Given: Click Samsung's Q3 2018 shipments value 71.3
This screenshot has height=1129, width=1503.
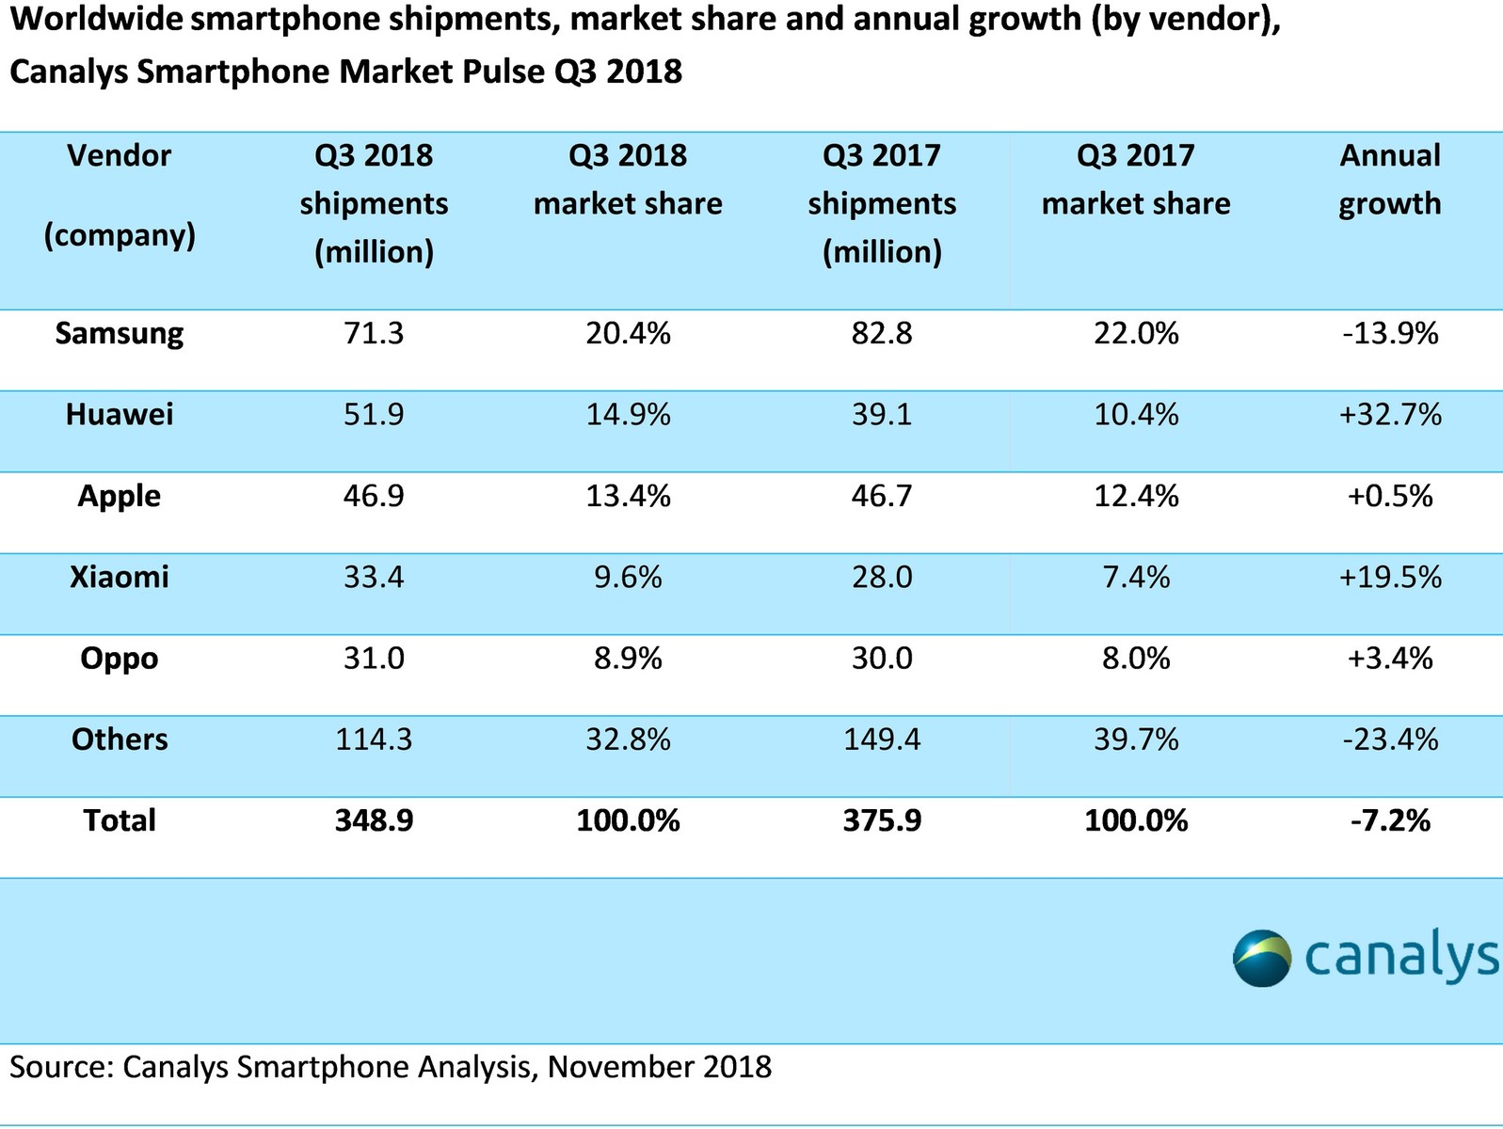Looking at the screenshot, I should (x=374, y=334).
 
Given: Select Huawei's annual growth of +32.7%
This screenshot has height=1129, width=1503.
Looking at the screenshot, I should (x=1390, y=415).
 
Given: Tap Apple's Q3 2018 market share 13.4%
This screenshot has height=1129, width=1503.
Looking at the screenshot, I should (x=628, y=496).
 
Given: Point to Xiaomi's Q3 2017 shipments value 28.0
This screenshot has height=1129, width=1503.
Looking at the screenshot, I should (x=882, y=577).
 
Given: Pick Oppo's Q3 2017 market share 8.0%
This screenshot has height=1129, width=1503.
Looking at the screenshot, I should (x=1136, y=659).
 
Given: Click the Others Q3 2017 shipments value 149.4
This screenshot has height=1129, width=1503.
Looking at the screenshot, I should (x=882, y=739).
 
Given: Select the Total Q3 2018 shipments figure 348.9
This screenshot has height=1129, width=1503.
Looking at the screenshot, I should (x=374, y=820).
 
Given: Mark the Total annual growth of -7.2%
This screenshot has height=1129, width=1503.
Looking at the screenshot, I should (x=1390, y=820).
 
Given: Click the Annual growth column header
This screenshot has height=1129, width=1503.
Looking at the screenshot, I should (x=1390, y=180).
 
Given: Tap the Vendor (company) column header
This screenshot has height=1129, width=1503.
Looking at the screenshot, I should (x=120, y=195).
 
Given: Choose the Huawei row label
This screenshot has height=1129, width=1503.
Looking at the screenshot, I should (x=120, y=415).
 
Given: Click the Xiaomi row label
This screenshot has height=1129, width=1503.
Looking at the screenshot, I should (x=120, y=577).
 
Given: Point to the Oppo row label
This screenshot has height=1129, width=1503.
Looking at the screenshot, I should (x=120, y=659).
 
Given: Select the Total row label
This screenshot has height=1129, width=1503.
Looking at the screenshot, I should (x=120, y=820).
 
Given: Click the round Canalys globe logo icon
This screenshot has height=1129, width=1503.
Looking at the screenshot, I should (x=1262, y=958).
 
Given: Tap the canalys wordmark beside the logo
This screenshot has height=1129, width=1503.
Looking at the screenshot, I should (x=1401, y=957).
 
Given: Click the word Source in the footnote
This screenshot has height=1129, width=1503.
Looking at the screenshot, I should (x=57, y=1067).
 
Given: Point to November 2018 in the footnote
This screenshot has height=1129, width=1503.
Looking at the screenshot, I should (x=660, y=1067).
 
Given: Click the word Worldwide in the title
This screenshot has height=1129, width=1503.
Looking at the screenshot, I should (x=95, y=19).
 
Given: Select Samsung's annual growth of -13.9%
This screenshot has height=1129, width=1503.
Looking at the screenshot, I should (x=1390, y=334).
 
